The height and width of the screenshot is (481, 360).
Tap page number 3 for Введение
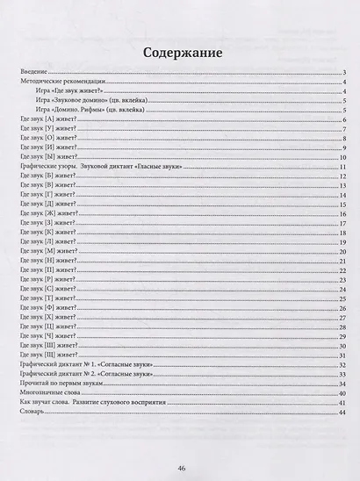pyautogui.click(x=342, y=73)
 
